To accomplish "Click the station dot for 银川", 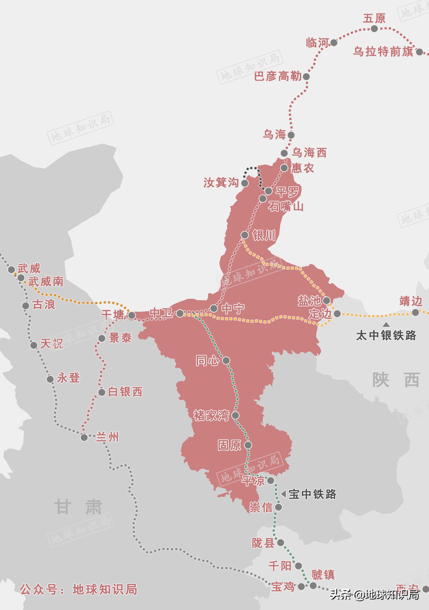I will [x=244, y=235].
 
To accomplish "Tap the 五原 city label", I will [x=374, y=19].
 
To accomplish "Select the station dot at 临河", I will [x=334, y=43].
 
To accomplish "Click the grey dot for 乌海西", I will [x=284, y=153].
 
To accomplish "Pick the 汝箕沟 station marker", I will [x=244, y=183].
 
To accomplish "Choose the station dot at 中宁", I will [x=214, y=308].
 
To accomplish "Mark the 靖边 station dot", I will [x=415, y=313].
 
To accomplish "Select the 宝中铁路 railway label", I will [x=312, y=494].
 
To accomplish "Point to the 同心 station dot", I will [x=226, y=361].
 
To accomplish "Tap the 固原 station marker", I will [x=248, y=445].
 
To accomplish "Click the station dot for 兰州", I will [x=84, y=438].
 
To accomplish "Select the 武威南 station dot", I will [x=21, y=278].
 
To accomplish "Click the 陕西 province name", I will [x=396, y=380].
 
